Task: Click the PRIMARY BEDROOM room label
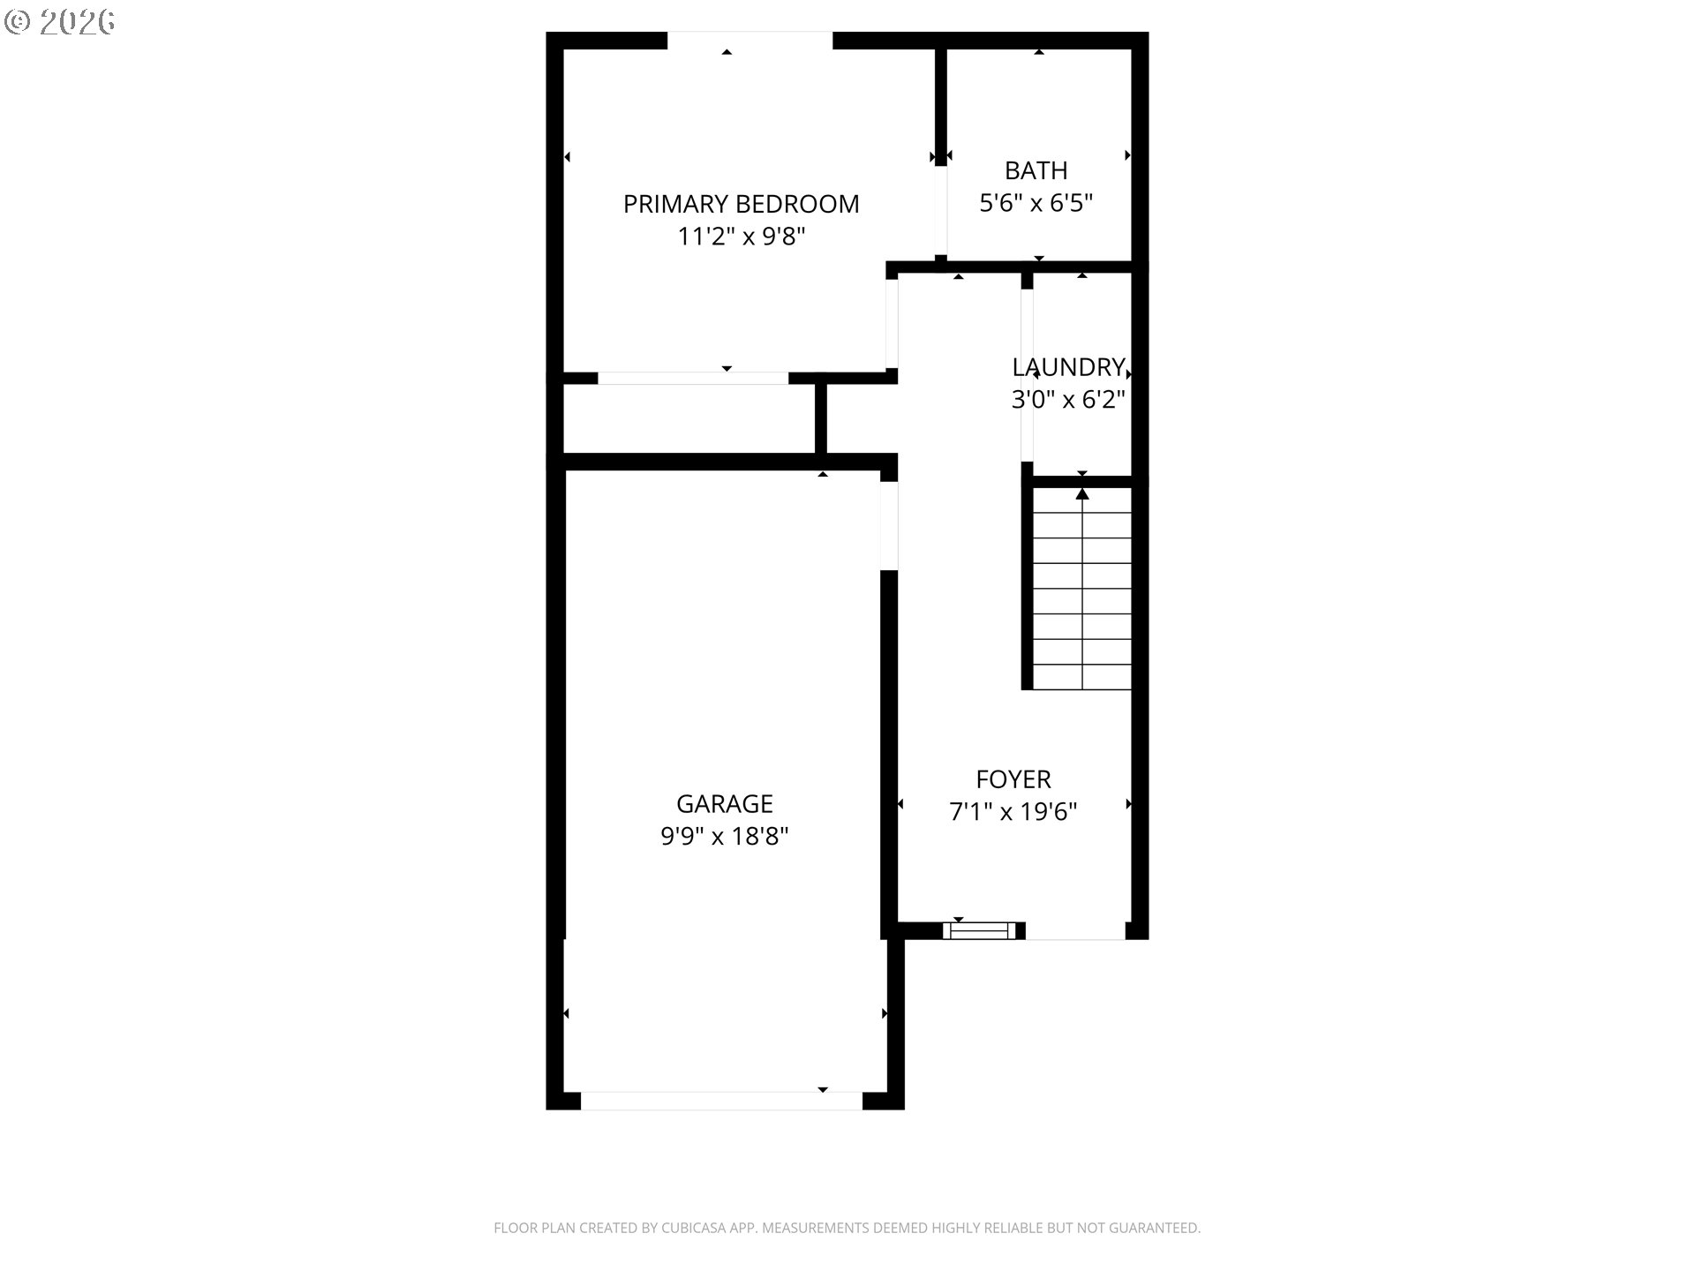pos(741,204)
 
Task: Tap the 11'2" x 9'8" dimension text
pos(742,237)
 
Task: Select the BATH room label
pos(1036,170)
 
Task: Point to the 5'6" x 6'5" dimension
pos(1036,203)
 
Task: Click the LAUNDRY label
pos(1068,367)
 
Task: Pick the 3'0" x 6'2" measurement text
pos(1068,400)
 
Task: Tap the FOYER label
pos(1013,779)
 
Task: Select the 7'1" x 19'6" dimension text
pos(1013,811)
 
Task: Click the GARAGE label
pos(725,803)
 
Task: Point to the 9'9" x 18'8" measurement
pos(725,836)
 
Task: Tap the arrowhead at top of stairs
pos(1082,493)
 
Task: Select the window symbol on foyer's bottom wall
pos(978,930)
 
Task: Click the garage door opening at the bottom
pos(721,1101)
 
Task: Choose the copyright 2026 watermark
pos(60,22)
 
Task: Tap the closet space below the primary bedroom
pos(689,419)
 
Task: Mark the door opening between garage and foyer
pos(889,526)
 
